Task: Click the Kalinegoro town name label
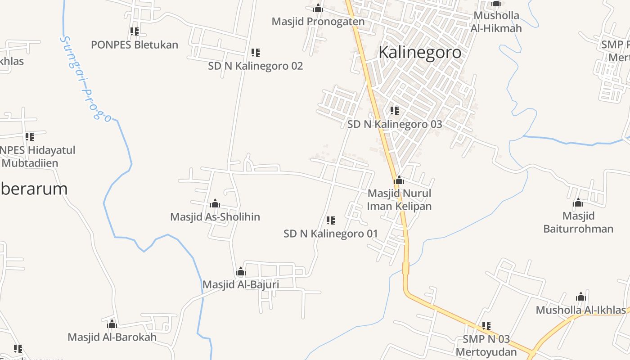tap(420, 52)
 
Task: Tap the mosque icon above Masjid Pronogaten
tap(318, 8)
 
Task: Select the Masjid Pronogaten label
tap(318, 21)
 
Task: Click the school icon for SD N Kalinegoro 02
tap(256, 53)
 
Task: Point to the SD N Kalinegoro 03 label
tap(395, 124)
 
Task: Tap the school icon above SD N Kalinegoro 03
tap(395, 110)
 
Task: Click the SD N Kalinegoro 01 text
tap(331, 234)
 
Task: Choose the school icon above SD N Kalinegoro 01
tap(331, 220)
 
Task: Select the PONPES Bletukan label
tap(135, 45)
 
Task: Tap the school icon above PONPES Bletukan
tap(135, 31)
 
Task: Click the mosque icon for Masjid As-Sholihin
tap(215, 203)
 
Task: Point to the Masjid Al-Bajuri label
tap(241, 284)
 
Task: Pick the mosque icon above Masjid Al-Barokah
tap(112, 324)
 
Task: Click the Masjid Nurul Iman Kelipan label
tap(400, 200)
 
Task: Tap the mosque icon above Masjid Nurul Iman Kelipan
tap(399, 180)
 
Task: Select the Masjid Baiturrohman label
tap(578, 222)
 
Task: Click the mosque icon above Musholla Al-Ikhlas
tap(581, 297)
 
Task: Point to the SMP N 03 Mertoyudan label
tap(486, 345)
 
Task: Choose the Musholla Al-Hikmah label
tap(496, 22)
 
